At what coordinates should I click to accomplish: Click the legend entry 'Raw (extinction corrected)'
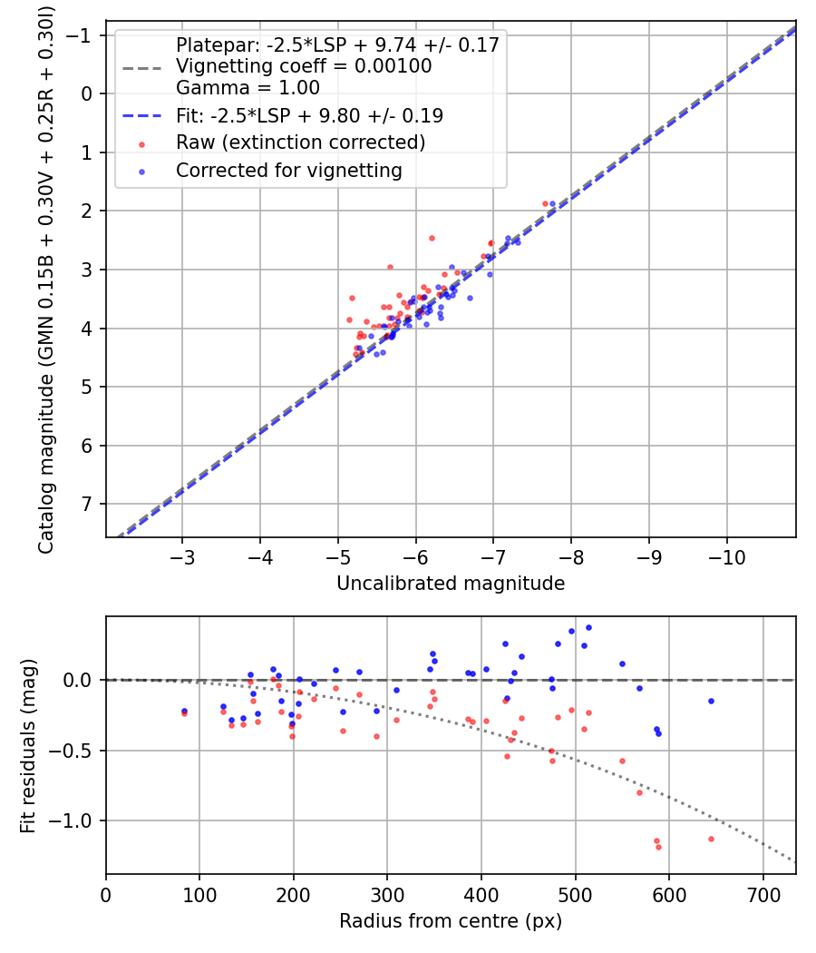(300, 142)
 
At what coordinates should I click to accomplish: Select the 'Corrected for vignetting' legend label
(288, 171)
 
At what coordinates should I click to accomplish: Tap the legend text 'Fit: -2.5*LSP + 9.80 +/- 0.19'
(309, 115)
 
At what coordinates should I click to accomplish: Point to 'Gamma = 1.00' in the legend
(248, 88)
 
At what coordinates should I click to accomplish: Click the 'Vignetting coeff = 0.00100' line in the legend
(304, 66)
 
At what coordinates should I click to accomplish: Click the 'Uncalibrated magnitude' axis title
(451, 584)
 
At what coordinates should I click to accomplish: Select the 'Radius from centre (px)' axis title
(451, 921)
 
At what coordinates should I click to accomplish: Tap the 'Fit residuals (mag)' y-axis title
(27, 745)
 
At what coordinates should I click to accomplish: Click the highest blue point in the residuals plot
(588, 627)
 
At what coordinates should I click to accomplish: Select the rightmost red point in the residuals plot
(711, 839)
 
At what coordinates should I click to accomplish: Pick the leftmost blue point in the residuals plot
(184, 711)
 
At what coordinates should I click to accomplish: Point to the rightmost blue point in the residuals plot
(711, 701)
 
